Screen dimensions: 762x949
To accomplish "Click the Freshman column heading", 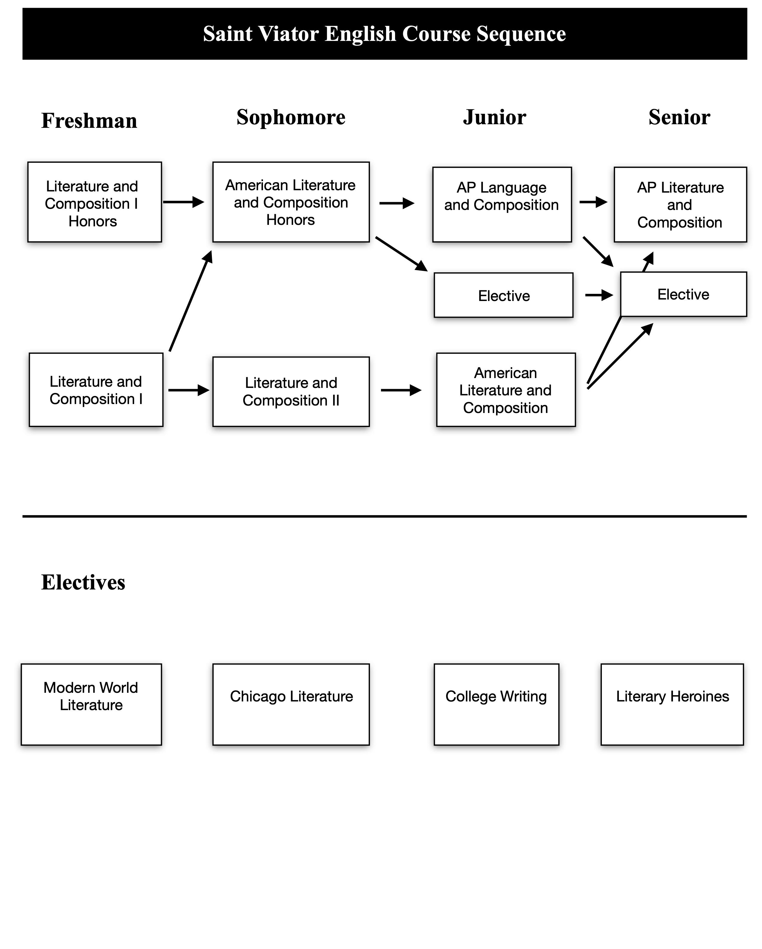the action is coord(89,121).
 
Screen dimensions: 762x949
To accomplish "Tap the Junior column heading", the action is coord(494,117).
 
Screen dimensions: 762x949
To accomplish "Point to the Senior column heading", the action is coord(679,117).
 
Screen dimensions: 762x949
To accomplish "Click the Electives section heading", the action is coord(83,582).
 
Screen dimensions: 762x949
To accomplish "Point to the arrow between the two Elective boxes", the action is coord(599,295).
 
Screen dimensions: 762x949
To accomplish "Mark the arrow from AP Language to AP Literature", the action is coord(593,202).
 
